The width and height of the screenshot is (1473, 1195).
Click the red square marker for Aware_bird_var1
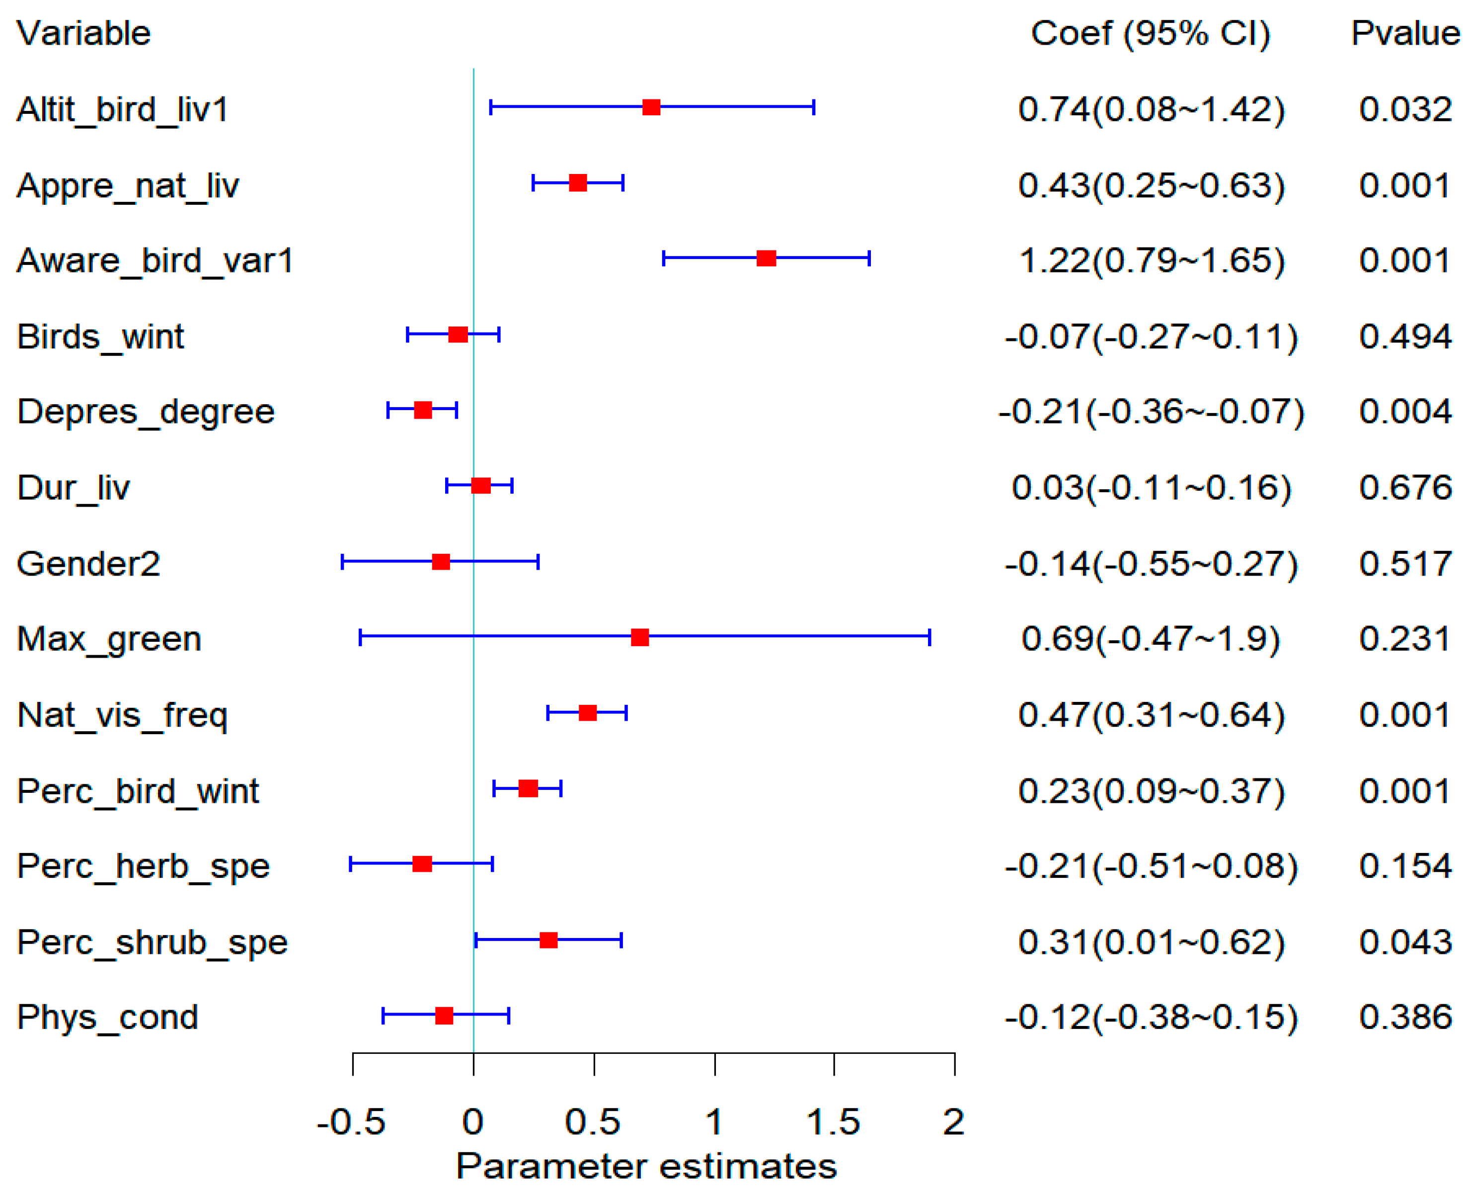pyautogui.click(x=766, y=258)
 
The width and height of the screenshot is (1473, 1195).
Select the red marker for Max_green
pyautogui.click(x=640, y=637)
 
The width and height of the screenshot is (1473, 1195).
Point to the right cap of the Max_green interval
pyautogui.click(x=930, y=637)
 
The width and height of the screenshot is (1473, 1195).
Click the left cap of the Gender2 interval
pyautogui.click(x=342, y=562)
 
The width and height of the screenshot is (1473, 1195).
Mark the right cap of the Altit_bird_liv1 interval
pyautogui.click(x=814, y=107)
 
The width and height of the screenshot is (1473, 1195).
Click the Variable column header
pyautogui.click(x=83, y=33)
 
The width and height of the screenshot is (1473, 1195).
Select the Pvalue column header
pyautogui.click(x=1405, y=33)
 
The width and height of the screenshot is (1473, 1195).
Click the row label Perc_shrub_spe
pyautogui.click(x=152, y=941)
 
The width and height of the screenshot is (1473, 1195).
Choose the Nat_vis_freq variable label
pyautogui.click(x=123, y=714)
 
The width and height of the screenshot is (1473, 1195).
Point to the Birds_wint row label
pyautogui.click(x=100, y=336)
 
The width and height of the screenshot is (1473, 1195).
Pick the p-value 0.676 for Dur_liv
pyautogui.click(x=1405, y=487)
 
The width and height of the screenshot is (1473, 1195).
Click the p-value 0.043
pyautogui.click(x=1405, y=941)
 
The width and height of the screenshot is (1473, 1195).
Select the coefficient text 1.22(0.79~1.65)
pyautogui.click(x=1151, y=260)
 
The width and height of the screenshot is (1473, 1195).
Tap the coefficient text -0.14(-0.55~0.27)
pyautogui.click(x=1151, y=563)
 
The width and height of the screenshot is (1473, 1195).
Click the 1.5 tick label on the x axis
pyautogui.click(x=833, y=1123)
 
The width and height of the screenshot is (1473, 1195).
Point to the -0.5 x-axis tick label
pyautogui.click(x=351, y=1123)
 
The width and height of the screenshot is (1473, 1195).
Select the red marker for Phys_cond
pyautogui.click(x=445, y=1016)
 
